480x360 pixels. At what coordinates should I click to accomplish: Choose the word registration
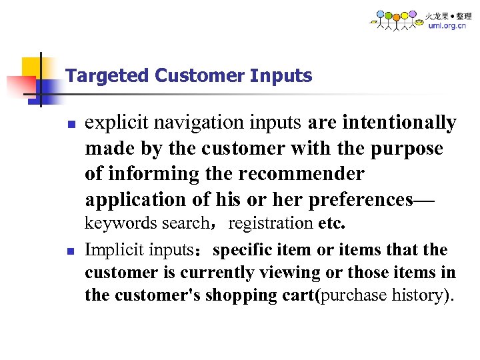click(271, 223)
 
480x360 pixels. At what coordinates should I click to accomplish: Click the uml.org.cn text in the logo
click(447, 26)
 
